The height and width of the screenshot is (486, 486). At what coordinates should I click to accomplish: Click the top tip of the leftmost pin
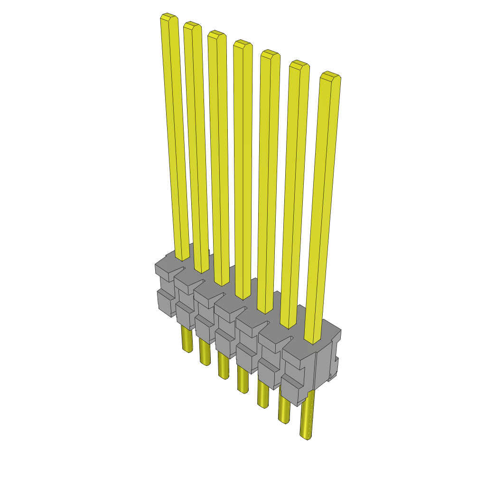169,18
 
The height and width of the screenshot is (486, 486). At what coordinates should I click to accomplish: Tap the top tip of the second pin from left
192,26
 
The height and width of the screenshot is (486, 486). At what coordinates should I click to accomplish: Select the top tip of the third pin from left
216,34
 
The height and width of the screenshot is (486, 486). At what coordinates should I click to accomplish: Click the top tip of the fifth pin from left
269,54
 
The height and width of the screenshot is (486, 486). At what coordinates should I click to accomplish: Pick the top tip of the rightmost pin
330,76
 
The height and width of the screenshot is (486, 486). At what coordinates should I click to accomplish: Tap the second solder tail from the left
205,354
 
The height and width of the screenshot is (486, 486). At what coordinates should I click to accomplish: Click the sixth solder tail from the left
284,411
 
